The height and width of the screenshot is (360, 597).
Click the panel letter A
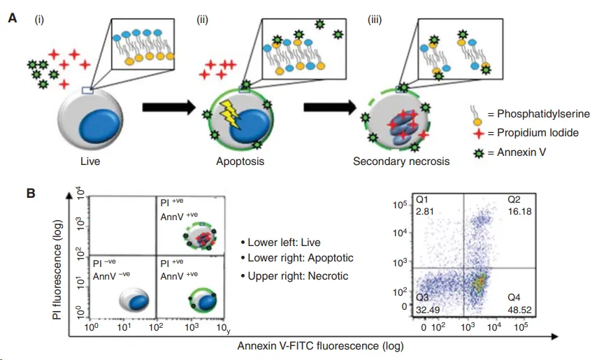coord(13,18)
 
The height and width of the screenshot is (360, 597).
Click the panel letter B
coord(31,193)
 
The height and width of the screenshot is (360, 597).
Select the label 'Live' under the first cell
coord(90,161)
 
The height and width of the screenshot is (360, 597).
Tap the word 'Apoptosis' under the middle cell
coord(240,161)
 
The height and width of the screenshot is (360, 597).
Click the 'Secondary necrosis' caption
coord(401,161)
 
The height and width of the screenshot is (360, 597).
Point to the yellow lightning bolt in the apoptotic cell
coord(230,114)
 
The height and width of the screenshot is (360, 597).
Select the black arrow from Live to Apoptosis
coord(169,108)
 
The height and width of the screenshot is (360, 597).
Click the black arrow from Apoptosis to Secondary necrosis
coord(330,108)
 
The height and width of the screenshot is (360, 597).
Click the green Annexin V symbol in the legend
coord(479,153)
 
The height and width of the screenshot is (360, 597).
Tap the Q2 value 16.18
coord(519,212)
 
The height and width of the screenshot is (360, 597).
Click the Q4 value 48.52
coord(519,310)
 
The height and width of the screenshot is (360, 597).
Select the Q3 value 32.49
coord(428,310)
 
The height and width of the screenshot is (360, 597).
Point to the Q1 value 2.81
coord(425,212)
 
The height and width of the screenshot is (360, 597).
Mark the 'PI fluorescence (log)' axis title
coord(57,269)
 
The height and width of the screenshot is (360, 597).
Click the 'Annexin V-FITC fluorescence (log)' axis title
coord(321,346)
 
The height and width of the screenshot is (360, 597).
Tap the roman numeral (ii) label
coord(202,20)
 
